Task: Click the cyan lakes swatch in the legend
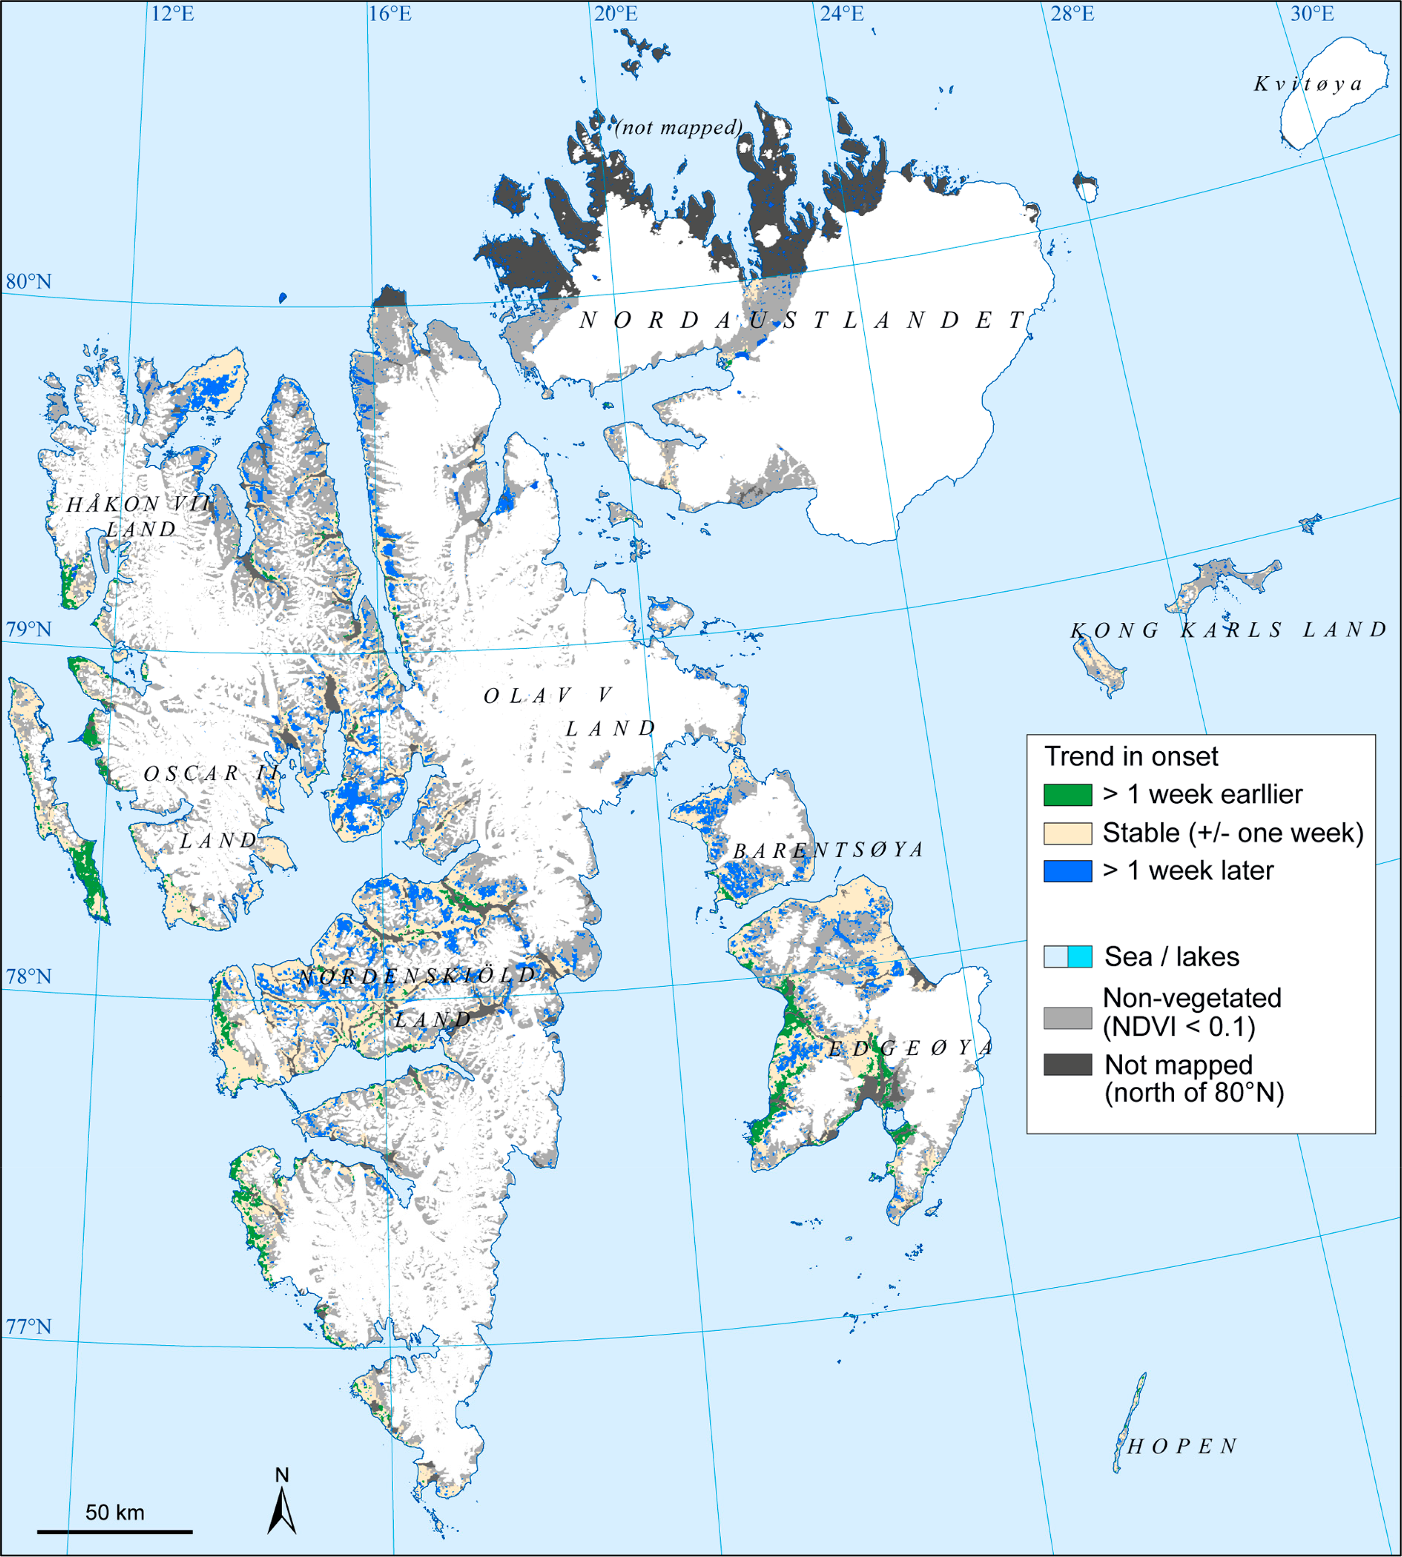1080,956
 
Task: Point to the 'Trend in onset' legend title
1131,757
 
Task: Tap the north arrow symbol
282,1506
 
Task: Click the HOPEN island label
1183,1446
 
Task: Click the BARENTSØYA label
828,850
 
